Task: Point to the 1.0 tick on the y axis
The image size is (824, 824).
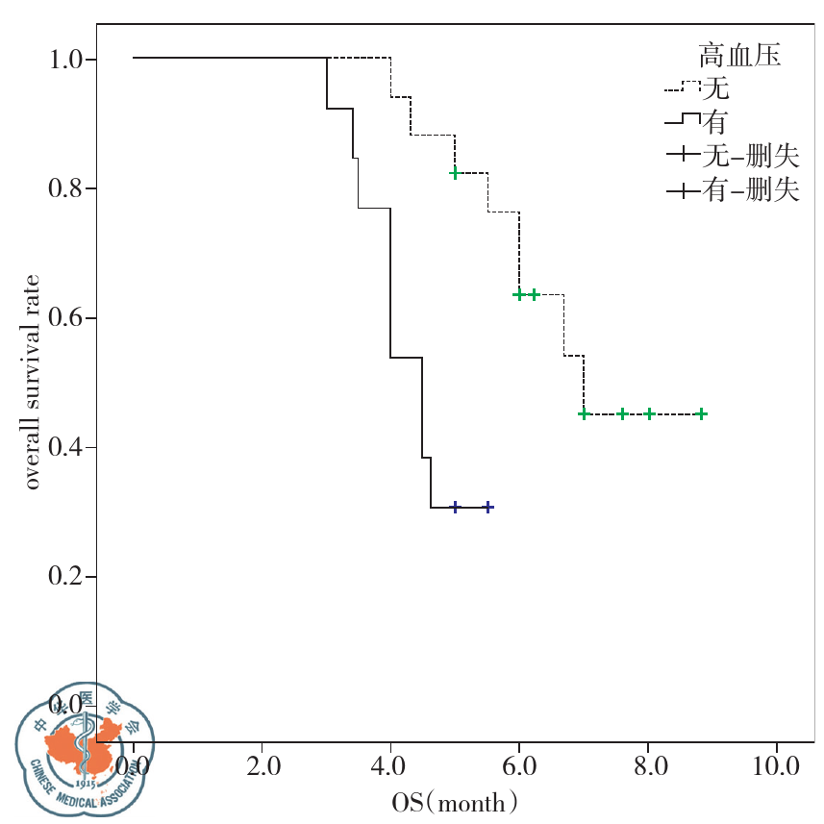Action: [x=71, y=59]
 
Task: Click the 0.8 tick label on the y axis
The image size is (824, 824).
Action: [x=71, y=188]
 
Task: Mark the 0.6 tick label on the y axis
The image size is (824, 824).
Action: [x=71, y=318]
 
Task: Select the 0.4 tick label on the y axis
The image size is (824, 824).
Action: [x=71, y=448]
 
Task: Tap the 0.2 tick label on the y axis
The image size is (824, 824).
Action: [x=71, y=577]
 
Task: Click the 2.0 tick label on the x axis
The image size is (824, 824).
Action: [x=262, y=767]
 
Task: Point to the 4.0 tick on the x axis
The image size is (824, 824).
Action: [x=390, y=767]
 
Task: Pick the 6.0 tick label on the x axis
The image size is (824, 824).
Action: [x=519, y=767]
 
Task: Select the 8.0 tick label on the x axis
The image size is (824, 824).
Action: [x=648, y=767]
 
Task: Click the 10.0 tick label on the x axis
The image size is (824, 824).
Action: [x=777, y=767]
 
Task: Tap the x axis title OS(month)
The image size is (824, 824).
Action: [x=456, y=801]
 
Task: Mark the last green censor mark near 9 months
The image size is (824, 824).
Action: [x=702, y=414]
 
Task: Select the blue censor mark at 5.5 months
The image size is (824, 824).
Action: [x=487, y=507]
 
